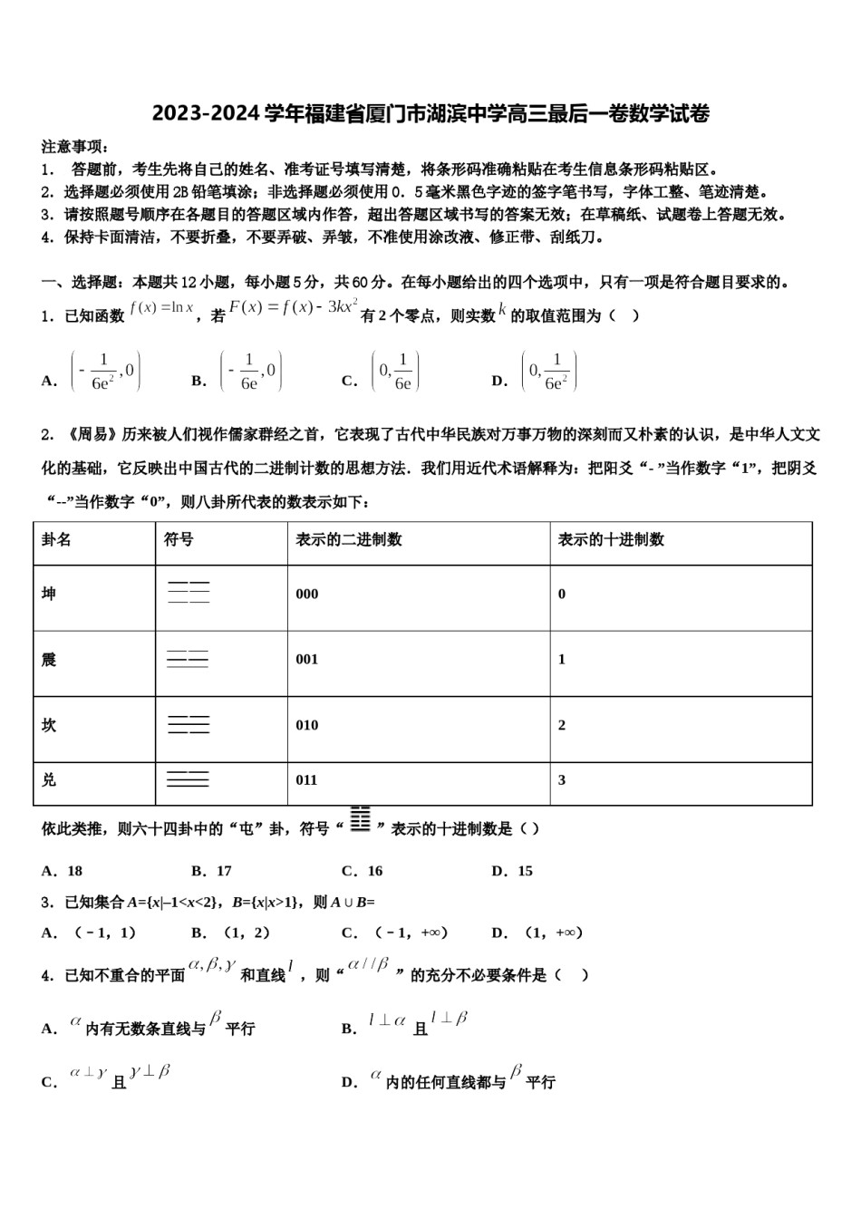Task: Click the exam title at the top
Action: [x=430, y=113]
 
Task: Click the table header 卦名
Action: [x=56, y=540]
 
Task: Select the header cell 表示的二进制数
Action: [x=349, y=540]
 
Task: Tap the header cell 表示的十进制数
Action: [x=611, y=540]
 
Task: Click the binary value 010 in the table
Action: [x=307, y=725]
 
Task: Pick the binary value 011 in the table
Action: [x=307, y=779]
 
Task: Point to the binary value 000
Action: [x=307, y=594]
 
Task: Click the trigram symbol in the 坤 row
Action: [x=189, y=593]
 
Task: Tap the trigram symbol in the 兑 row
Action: [x=189, y=778]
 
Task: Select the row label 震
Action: [x=49, y=660]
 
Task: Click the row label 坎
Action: [x=49, y=725]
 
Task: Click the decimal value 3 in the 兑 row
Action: [x=562, y=779]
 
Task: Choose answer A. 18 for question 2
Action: [x=63, y=871]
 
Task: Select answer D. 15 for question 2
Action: [x=512, y=871]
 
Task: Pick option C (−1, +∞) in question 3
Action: [x=394, y=933]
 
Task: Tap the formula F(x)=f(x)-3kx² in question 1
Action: [x=294, y=307]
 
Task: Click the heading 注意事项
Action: [x=75, y=147]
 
